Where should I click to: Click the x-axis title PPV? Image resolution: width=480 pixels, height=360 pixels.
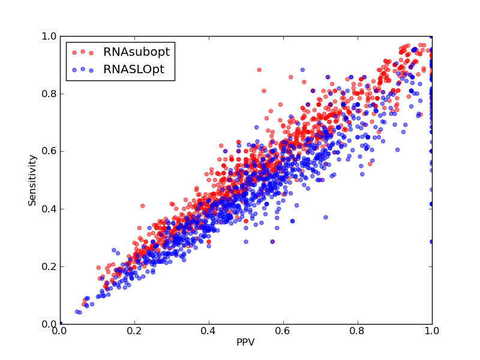click(245, 342)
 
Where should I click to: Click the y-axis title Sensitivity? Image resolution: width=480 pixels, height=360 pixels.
click(32, 181)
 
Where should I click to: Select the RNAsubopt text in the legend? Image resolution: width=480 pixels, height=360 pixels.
click(137, 52)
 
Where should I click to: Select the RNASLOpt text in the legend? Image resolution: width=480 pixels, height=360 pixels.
click(134, 70)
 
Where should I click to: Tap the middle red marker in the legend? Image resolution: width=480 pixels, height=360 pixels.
click(83, 52)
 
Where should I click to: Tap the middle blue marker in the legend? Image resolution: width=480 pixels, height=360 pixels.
click(83, 69)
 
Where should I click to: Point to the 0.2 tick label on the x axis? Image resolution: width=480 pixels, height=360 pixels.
click(134, 331)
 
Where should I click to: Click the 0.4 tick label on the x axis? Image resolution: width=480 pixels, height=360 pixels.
click(209, 331)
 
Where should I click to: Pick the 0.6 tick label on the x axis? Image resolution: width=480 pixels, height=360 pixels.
click(283, 331)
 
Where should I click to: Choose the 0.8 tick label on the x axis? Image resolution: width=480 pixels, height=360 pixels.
click(358, 331)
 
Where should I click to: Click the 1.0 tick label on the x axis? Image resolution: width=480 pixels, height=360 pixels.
click(432, 331)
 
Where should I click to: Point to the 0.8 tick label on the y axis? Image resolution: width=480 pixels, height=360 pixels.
click(49, 94)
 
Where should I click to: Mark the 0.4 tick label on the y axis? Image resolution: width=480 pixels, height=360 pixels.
click(49, 209)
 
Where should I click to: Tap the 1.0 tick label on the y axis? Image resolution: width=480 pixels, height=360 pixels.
click(49, 36)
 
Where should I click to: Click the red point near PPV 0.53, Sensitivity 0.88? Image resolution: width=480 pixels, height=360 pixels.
click(259, 70)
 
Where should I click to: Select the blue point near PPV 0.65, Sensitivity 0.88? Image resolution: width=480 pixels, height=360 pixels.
click(303, 70)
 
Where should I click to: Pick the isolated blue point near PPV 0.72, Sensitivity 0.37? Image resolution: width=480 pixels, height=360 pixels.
click(326, 217)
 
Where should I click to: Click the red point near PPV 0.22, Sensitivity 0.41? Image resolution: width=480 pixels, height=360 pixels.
click(142, 206)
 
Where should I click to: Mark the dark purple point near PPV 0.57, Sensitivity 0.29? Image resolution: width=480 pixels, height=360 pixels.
click(272, 242)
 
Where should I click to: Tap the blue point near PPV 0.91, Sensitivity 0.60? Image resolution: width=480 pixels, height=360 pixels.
click(397, 149)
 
